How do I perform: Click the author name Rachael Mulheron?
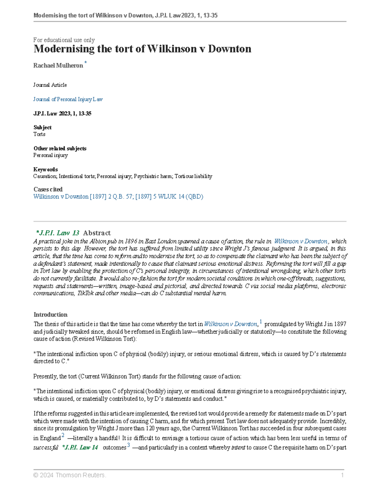click(x=58, y=66)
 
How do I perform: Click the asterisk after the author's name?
click(x=85, y=63)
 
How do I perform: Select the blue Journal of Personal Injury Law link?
click(x=68, y=99)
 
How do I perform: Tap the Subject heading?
click(x=42, y=127)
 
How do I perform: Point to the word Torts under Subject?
click(x=39, y=134)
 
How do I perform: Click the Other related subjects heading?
click(x=60, y=148)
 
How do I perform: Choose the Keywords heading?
click(x=46, y=169)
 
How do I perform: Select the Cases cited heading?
click(x=48, y=189)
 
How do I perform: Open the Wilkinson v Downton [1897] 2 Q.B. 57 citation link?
click(x=118, y=196)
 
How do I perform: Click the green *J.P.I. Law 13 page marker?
click(x=58, y=233)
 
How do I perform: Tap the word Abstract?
click(x=97, y=233)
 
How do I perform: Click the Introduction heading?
click(x=50, y=315)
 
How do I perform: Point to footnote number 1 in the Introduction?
click(x=261, y=322)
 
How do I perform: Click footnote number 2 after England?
click(x=63, y=436)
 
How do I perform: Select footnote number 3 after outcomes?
click(x=129, y=445)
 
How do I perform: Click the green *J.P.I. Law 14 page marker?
click(x=80, y=447)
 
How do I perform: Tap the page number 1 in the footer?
click(x=342, y=475)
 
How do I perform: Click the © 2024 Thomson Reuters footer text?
click(x=70, y=475)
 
